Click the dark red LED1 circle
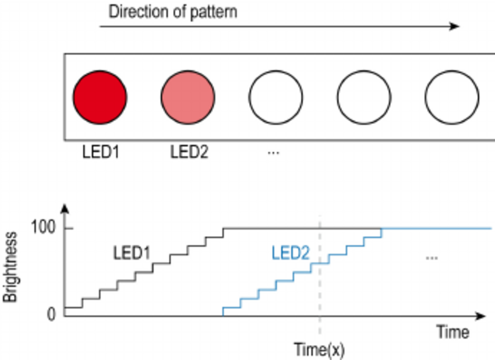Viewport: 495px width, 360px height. tap(100, 97)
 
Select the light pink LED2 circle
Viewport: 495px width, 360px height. tap(188, 97)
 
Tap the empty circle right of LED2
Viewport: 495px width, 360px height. tap(275, 97)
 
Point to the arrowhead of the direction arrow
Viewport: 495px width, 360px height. tap(455, 26)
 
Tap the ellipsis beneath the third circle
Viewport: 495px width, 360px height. tap(273, 153)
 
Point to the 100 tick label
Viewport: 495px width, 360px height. tap(44, 228)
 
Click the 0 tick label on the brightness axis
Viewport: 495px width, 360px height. tap(51, 315)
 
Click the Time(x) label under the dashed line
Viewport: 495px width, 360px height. tap(320, 350)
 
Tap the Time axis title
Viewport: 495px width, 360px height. tap(453, 333)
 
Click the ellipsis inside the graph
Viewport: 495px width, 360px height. tap(432, 257)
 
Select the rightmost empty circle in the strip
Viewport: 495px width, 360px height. tap(451, 97)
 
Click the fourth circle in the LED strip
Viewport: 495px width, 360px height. tap(364, 97)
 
